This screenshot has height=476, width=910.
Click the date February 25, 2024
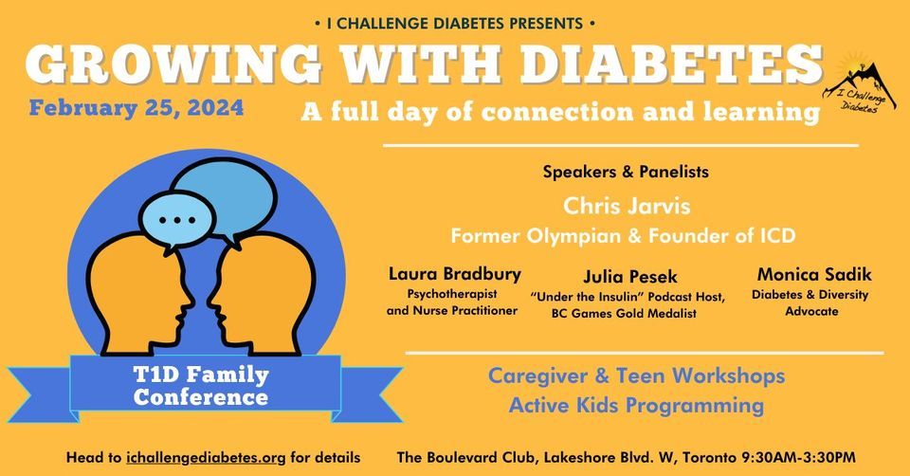tap(136, 108)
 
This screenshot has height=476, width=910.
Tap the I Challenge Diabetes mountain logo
tap(859, 83)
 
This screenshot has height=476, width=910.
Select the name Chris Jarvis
tap(627, 206)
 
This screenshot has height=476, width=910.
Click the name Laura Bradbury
tap(455, 274)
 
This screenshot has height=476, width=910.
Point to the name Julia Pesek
tap(630, 276)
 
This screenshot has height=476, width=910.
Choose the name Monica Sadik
tap(813, 274)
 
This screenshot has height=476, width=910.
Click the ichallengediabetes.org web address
tap(206, 457)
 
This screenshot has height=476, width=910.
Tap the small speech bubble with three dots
tap(177, 221)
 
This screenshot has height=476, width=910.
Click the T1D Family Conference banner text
tap(201, 385)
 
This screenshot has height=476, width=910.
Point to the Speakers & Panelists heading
tap(626, 172)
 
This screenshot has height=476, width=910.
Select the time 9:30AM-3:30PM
tap(799, 457)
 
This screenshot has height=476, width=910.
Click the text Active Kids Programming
tap(636, 405)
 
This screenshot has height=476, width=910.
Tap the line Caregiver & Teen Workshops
tap(636, 375)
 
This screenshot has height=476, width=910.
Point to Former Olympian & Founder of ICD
tap(623, 236)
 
